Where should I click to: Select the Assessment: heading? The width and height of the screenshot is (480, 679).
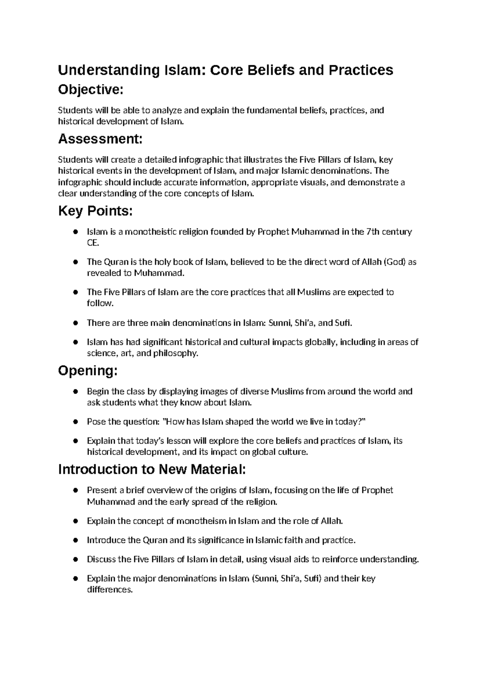(x=100, y=139)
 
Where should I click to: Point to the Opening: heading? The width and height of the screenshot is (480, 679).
(x=88, y=371)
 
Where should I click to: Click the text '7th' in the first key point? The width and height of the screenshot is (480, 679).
(x=374, y=232)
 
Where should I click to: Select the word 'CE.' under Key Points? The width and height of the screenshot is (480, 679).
(x=92, y=243)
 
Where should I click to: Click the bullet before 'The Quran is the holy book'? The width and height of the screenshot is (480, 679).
(x=75, y=262)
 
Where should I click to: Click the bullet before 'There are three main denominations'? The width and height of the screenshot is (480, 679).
(x=75, y=323)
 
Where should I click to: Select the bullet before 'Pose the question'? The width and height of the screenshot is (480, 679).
(x=75, y=422)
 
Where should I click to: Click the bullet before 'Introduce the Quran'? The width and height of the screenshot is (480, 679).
(x=75, y=540)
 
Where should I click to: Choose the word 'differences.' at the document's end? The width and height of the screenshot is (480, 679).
(x=109, y=590)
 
